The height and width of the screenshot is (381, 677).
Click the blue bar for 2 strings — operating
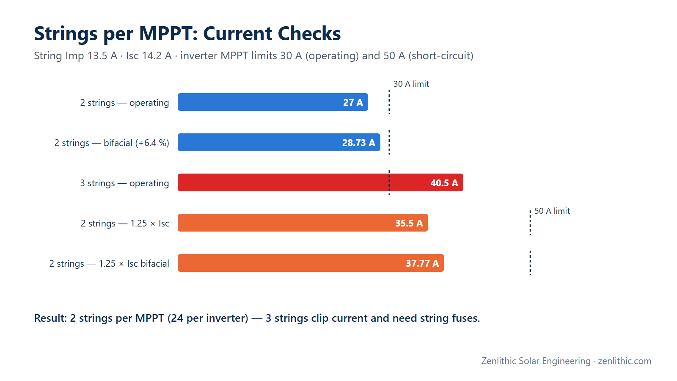click(x=272, y=102)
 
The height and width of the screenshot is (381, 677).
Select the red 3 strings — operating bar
click(x=320, y=182)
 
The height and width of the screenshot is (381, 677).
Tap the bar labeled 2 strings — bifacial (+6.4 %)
click(x=279, y=142)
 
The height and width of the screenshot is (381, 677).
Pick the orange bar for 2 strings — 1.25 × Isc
click(x=303, y=223)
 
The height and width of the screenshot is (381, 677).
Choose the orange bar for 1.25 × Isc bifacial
click(x=311, y=263)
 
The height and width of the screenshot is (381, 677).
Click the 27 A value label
click(x=353, y=102)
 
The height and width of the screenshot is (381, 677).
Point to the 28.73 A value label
click(x=358, y=143)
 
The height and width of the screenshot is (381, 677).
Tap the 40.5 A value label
click(x=444, y=183)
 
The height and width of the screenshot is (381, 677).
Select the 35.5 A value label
click(x=409, y=223)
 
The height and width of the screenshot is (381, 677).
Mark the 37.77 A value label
click(x=422, y=263)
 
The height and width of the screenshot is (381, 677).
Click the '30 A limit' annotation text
click(x=411, y=84)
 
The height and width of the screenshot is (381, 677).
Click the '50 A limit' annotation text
click(x=552, y=211)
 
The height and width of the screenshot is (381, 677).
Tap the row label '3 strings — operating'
click(x=124, y=183)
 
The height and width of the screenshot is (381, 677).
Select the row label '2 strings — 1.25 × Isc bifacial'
click(x=109, y=264)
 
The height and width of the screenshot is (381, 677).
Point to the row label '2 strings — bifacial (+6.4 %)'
click(x=112, y=143)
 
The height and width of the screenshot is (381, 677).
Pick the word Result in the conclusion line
click(x=50, y=318)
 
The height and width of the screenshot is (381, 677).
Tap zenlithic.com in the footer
click(x=625, y=361)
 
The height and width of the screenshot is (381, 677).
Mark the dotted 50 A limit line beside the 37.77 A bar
click(x=530, y=263)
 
